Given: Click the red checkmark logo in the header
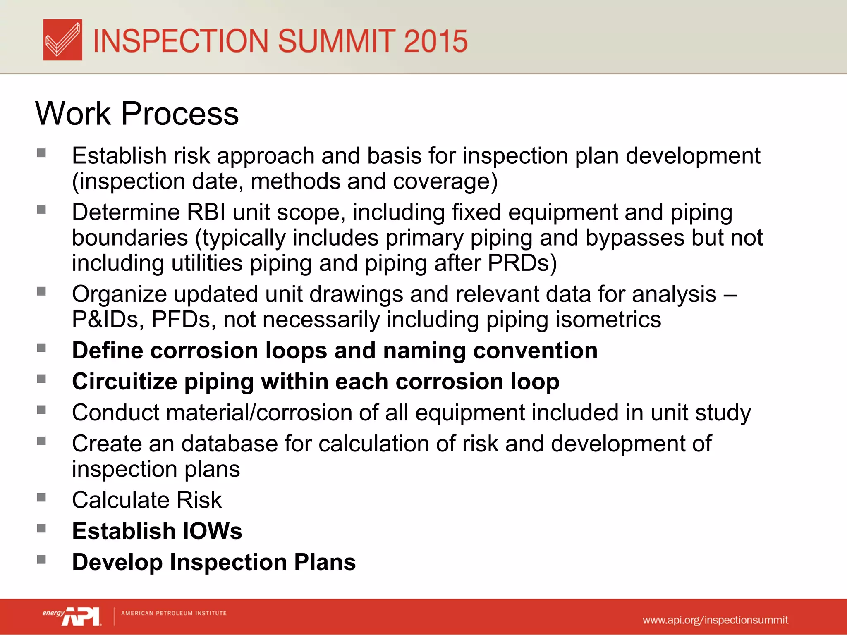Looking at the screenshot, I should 62,40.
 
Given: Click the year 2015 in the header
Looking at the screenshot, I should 435,41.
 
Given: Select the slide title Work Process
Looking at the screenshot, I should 137,113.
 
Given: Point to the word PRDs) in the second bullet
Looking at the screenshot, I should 522,263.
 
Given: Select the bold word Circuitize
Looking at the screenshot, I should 124,382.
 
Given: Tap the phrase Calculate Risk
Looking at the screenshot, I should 147,500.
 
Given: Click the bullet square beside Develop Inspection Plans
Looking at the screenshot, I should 41,560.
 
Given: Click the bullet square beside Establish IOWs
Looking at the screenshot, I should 41,529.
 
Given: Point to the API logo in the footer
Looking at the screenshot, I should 81,616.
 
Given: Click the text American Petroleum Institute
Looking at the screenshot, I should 174,613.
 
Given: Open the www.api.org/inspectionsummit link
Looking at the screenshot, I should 715,620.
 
